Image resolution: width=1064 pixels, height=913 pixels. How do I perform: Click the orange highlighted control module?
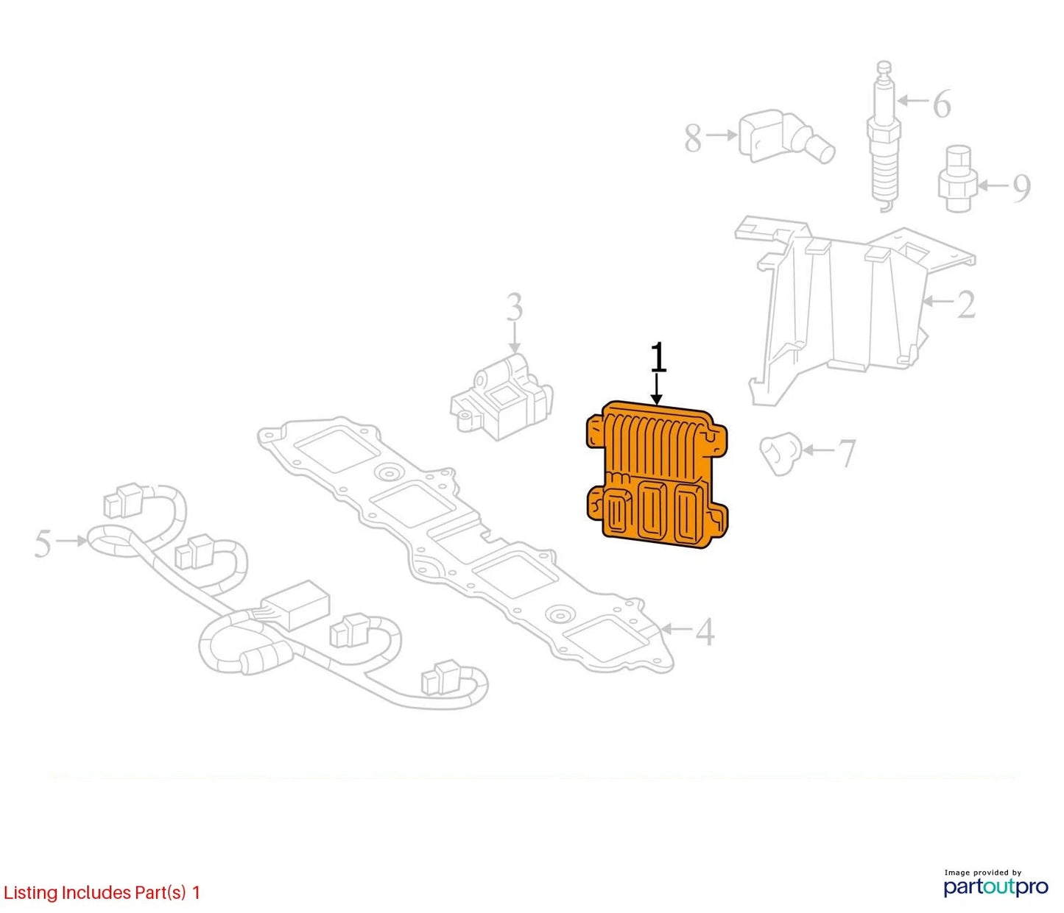pos(658,475)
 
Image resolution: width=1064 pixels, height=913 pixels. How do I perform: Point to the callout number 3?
pos(514,307)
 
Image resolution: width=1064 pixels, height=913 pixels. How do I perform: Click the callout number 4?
pos(705,632)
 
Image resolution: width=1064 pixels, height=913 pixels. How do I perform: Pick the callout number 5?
pos(43,544)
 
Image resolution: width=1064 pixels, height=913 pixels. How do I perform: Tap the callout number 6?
pos(942,104)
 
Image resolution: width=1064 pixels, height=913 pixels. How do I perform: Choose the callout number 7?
pos(847,453)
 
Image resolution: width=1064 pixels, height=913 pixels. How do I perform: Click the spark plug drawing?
pos(884,136)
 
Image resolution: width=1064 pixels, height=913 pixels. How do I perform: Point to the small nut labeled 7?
pos(779,453)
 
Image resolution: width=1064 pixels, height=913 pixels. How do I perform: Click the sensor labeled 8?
pos(786,136)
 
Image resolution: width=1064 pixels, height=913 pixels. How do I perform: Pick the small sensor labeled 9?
pos(956,178)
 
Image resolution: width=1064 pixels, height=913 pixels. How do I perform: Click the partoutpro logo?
pos(996,887)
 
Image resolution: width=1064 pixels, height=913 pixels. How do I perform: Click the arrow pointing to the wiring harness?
pos(71,541)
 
